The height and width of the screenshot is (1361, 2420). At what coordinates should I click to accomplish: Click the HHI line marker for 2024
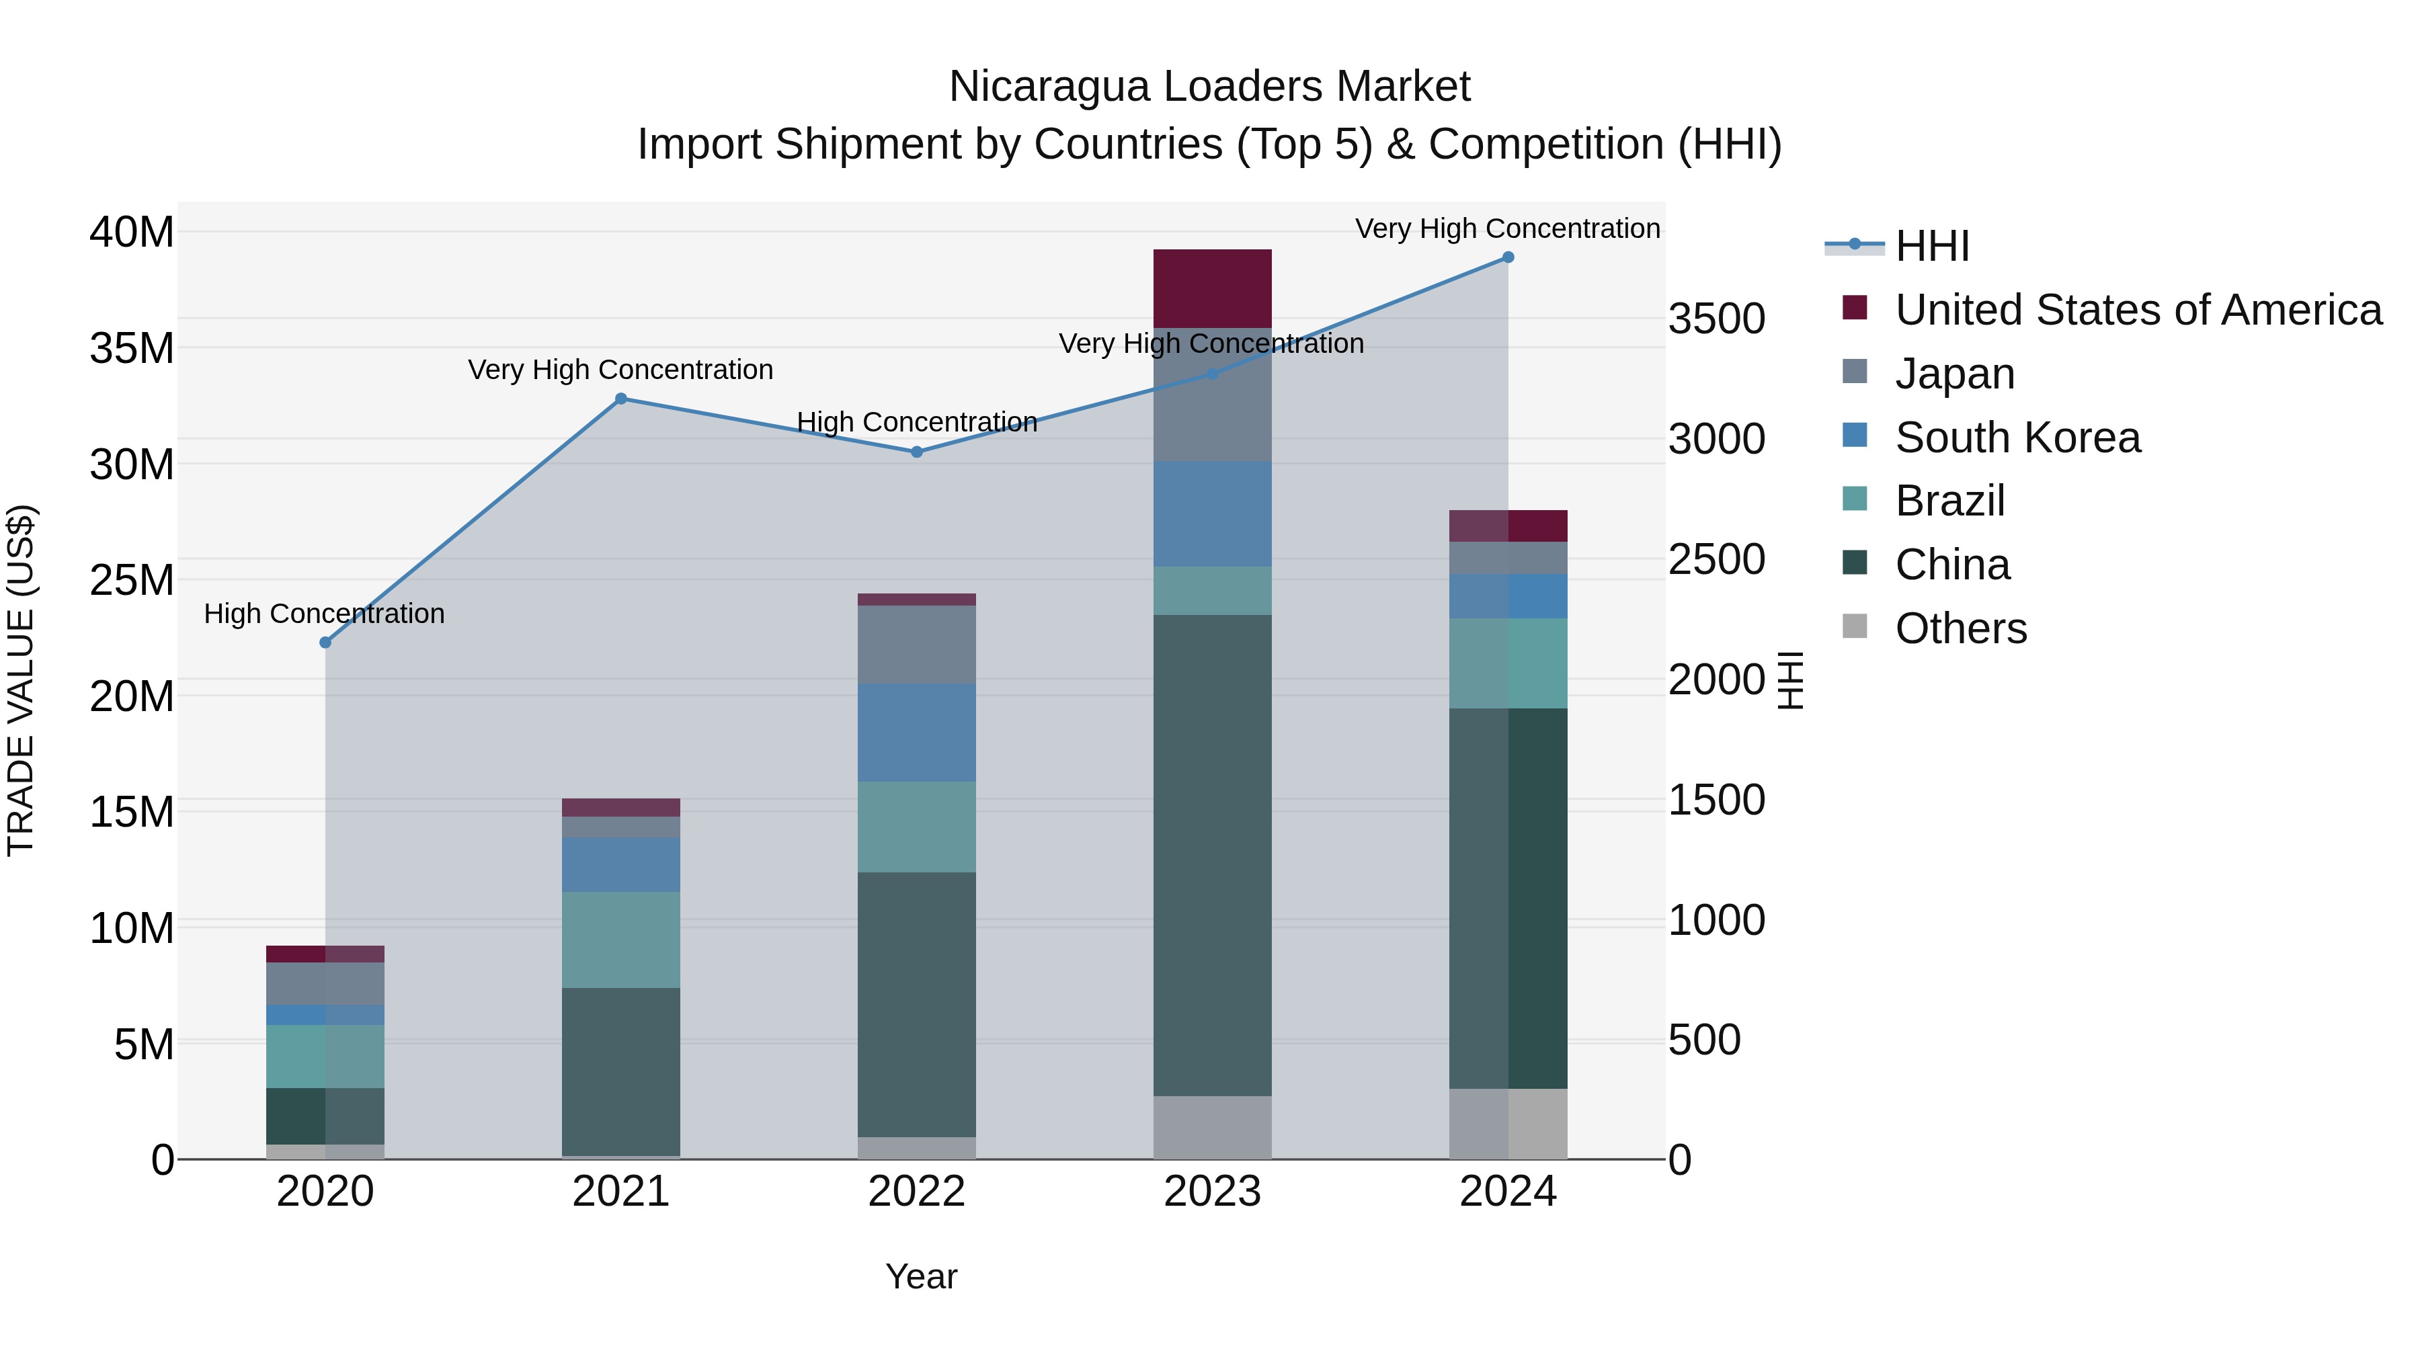click(x=1508, y=257)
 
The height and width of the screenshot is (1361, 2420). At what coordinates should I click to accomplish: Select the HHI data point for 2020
click(x=325, y=643)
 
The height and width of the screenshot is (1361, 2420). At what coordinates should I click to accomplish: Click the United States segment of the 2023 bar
click(x=1212, y=288)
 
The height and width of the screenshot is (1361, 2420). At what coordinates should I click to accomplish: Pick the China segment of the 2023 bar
click(x=1212, y=855)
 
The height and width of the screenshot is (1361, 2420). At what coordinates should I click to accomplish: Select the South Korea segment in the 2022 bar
click(x=916, y=733)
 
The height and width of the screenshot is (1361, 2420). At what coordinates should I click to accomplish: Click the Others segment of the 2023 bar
click(x=1212, y=1127)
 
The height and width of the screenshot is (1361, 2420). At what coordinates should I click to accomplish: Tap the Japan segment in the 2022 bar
click(x=916, y=645)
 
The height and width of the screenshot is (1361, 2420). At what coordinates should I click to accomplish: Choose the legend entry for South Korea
click(x=2017, y=438)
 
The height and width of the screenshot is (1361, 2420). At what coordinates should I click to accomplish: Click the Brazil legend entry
click(x=1949, y=501)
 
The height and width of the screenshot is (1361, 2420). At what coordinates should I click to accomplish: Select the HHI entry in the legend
click(x=1931, y=246)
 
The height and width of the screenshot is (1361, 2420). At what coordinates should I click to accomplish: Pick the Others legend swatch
click(x=1855, y=626)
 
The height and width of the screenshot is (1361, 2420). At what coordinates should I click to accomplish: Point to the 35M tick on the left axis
click(x=132, y=348)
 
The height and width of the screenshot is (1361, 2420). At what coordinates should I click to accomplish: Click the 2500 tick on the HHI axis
click(x=1716, y=560)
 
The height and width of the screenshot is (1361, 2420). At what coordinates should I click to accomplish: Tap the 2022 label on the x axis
click(x=916, y=1192)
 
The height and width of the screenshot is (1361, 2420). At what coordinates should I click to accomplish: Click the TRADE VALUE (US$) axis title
click(x=21, y=680)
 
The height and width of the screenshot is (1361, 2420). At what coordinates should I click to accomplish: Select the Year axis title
click(x=921, y=1276)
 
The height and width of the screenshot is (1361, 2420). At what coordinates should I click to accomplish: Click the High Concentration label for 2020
click(x=324, y=614)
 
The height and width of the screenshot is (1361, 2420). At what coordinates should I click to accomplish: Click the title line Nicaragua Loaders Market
click(x=1209, y=87)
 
